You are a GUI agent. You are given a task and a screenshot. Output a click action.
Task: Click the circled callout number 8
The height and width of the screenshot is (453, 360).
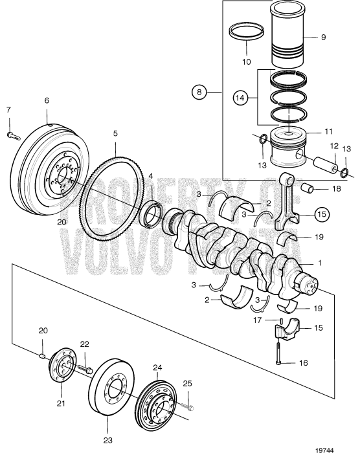pos(199,93)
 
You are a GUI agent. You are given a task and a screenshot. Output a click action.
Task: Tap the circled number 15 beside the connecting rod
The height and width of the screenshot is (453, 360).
pos(322,212)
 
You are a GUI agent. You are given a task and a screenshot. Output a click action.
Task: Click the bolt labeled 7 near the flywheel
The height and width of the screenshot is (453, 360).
pos(12,135)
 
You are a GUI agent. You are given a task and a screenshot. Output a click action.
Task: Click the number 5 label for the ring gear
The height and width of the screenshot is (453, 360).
pos(115,133)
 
